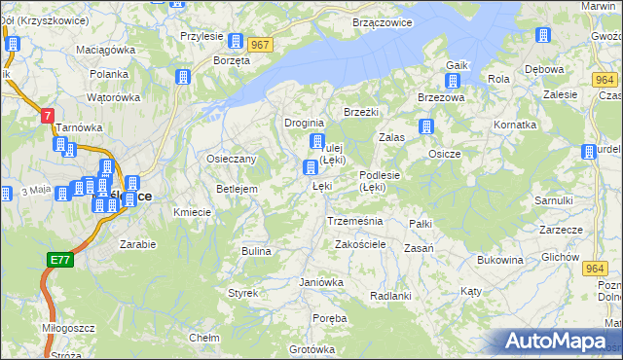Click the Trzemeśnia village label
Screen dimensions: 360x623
coord(355,221)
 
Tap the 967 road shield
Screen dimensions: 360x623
coord(260,45)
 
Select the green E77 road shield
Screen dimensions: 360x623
coord(59,260)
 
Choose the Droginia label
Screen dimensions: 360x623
coord(303,123)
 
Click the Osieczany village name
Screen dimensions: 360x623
coord(231,159)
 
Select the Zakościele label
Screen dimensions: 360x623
coord(362,244)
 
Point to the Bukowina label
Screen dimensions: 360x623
coord(500,260)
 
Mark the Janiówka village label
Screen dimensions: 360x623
coord(321,282)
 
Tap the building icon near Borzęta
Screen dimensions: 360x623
coord(235,41)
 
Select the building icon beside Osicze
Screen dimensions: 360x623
coord(425,126)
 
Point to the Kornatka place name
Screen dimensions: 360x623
coord(515,126)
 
